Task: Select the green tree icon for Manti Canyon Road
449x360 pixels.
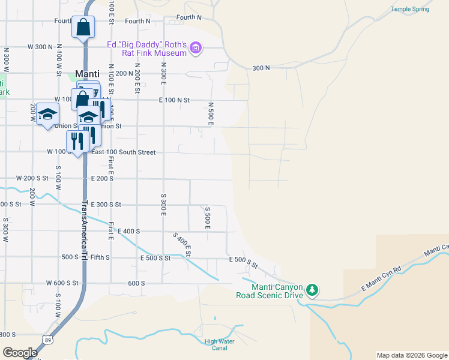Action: [312, 290]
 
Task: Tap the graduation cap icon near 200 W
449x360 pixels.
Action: [47, 114]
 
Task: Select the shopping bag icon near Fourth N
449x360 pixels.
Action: [83, 27]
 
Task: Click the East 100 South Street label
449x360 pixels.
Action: [123, 152]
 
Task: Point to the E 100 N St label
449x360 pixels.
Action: [174, 100]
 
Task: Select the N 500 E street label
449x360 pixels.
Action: [211, 113]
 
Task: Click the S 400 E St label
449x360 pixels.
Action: [182, 245]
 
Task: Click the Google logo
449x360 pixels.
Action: [20, 352]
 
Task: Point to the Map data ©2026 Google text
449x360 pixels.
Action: [411, 355]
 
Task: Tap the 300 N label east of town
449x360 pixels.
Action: [261, 68]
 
